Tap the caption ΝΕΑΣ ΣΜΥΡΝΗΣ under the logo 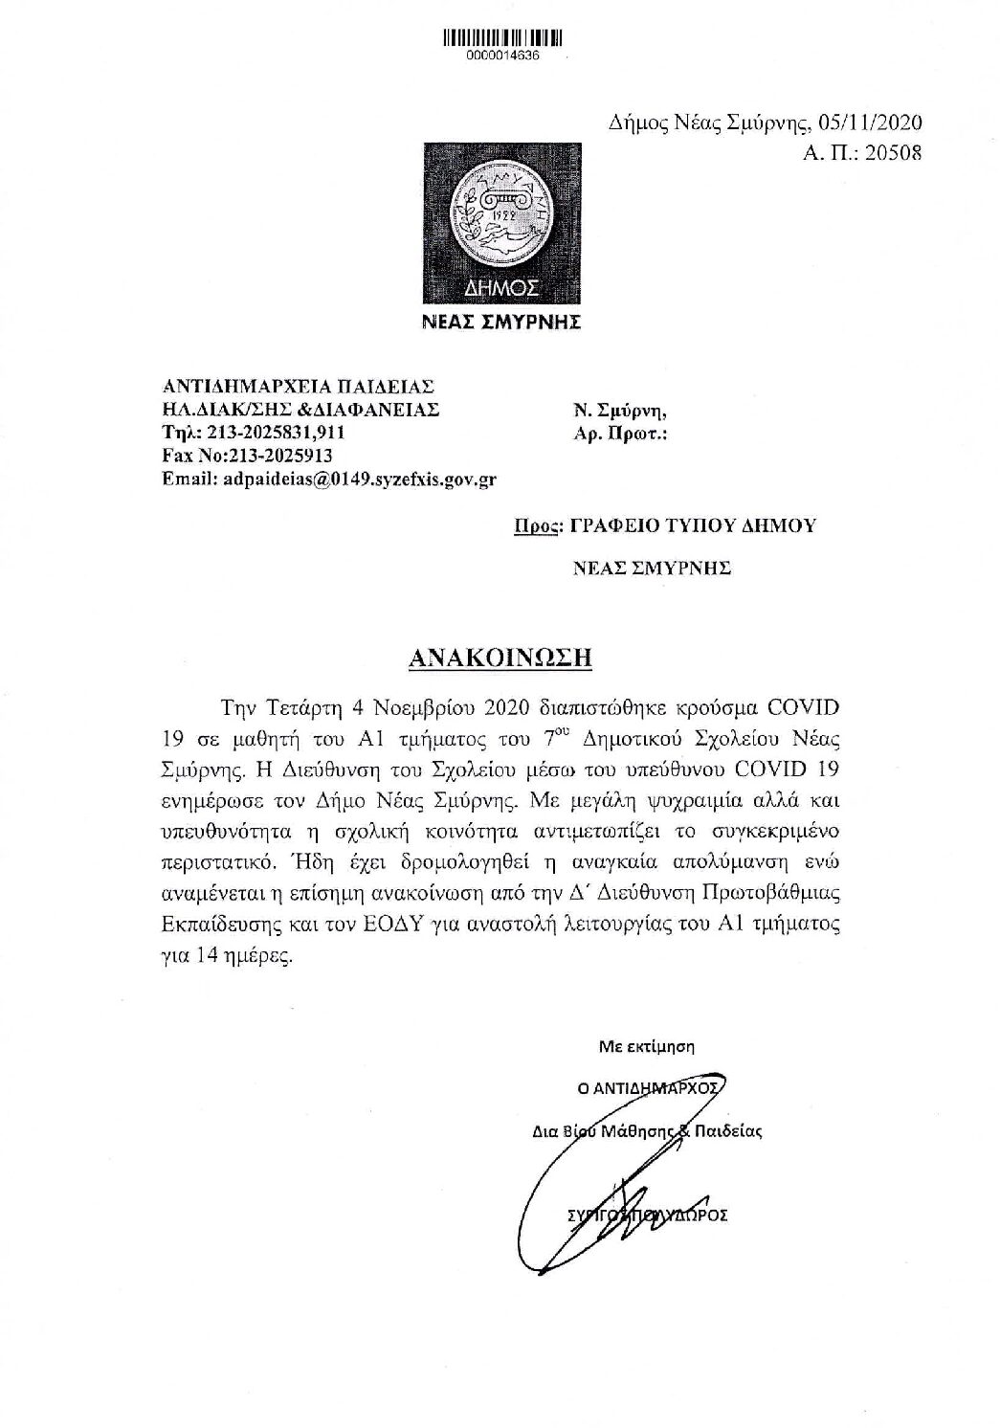click(502, 323)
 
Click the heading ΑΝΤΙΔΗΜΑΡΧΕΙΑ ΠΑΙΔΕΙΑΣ click(299, 388)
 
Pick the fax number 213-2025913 click(278, 456)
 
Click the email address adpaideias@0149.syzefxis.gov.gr click(359, 479)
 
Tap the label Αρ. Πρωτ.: click(618, 434)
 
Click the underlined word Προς click(534, 525)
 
